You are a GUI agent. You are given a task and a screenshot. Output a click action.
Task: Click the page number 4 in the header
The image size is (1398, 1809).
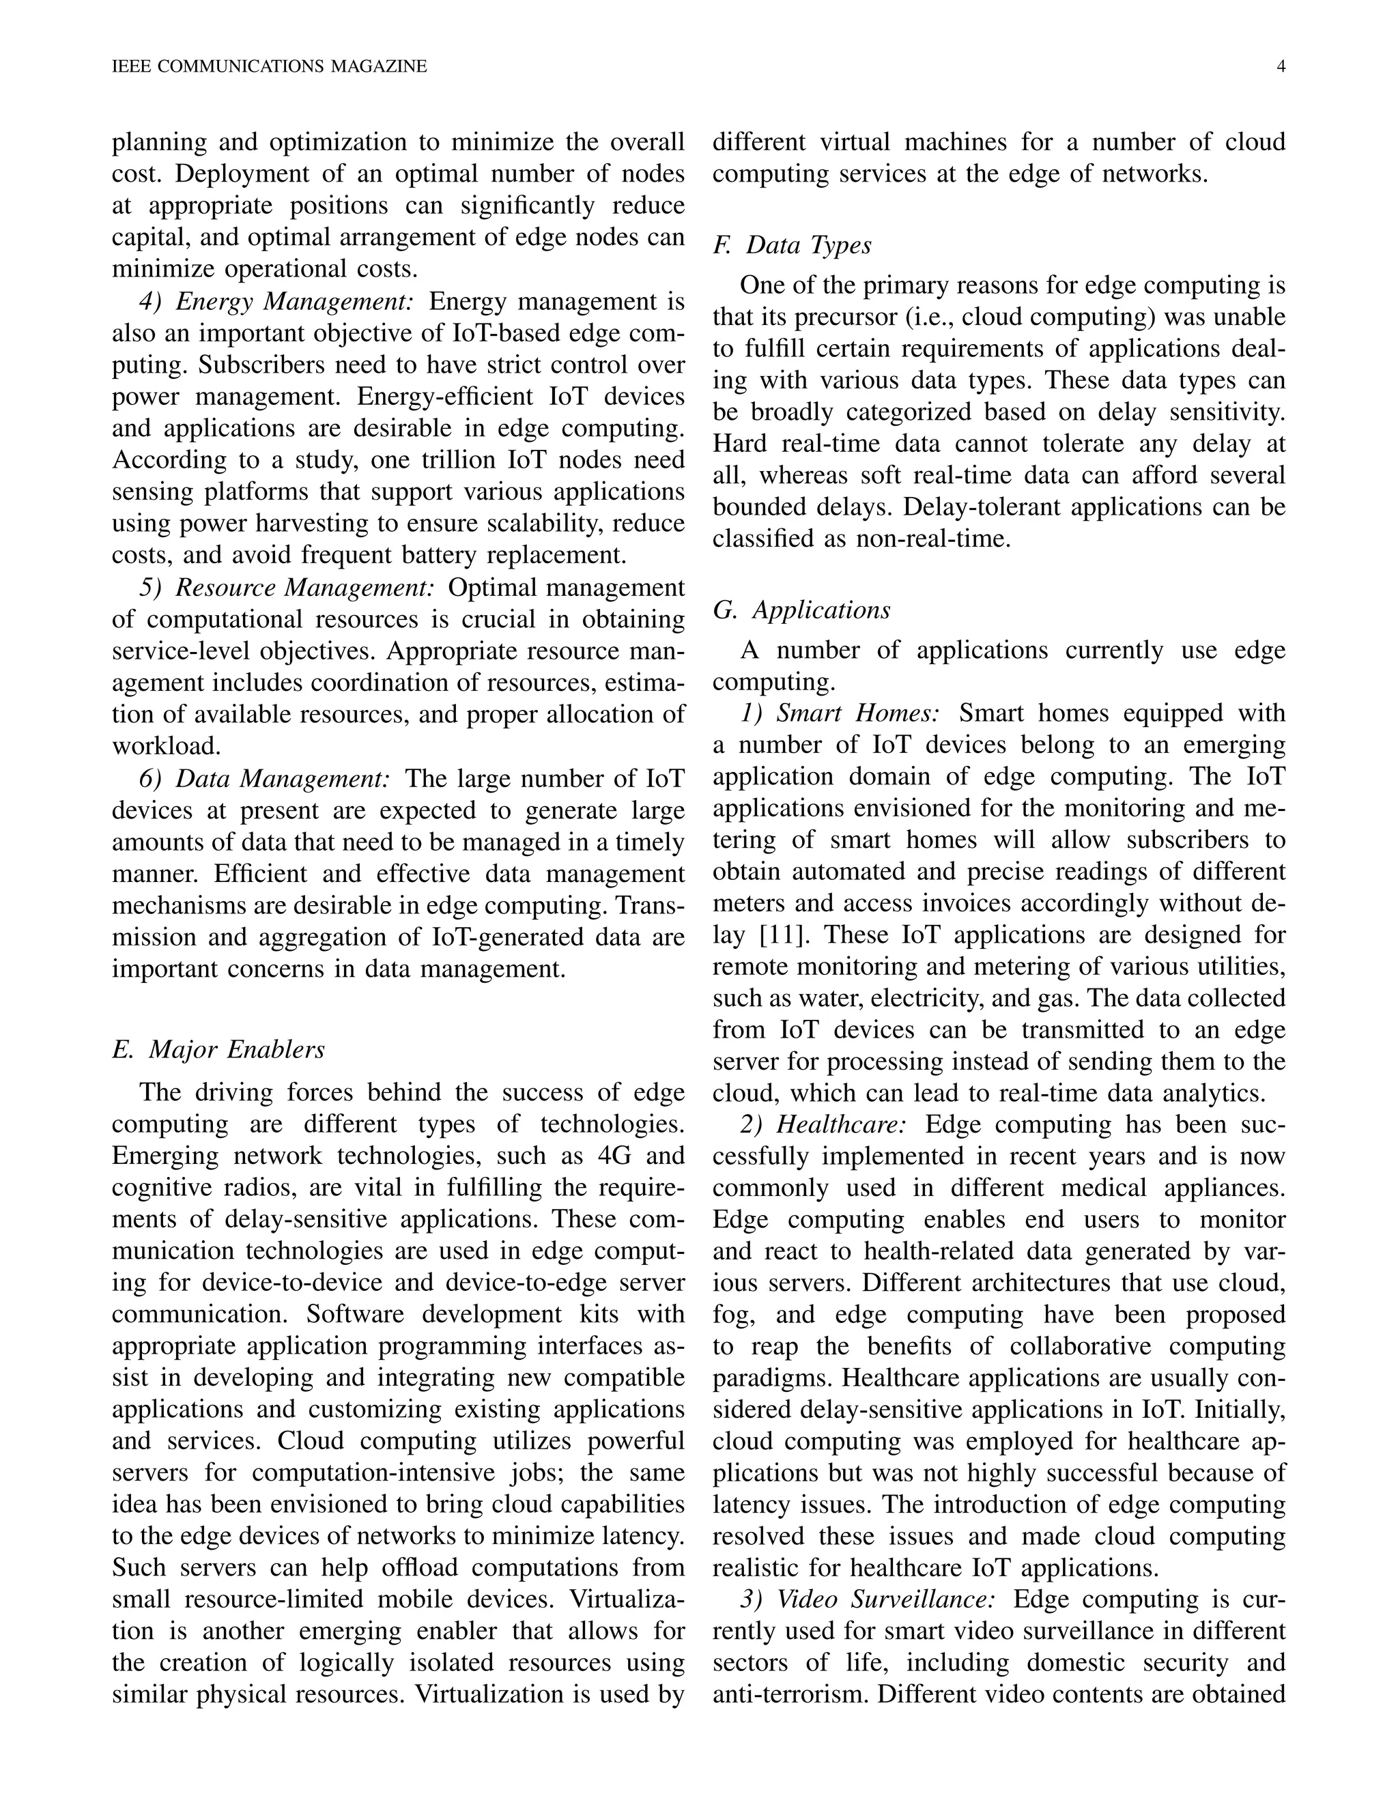[1281, 67]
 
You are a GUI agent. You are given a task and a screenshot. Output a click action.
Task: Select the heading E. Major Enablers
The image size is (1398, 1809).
[218, 1049]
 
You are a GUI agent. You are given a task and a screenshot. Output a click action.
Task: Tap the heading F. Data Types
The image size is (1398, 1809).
[792, 245]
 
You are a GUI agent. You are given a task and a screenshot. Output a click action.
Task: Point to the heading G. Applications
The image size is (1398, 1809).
[801, 610]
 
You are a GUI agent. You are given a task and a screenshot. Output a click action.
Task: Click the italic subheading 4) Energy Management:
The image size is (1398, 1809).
[276, 302]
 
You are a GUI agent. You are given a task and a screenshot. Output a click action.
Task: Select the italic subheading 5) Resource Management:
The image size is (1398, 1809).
[287, 587]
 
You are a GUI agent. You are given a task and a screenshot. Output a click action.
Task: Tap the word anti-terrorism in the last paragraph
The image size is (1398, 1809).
[791, 1695]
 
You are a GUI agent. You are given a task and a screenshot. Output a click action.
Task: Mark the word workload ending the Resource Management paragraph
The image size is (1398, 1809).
[166, 746]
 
